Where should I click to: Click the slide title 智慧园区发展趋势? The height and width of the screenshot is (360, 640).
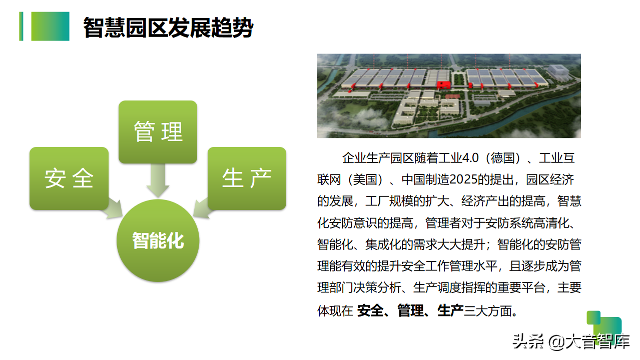(168, 27)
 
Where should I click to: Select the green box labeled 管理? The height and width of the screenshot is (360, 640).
(158, 132)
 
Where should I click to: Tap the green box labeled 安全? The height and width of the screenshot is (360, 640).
(69, 178)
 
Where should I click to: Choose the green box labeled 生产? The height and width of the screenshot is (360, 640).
(247, 178)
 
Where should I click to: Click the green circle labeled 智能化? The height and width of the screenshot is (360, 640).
(158, 240)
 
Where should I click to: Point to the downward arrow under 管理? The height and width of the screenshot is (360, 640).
(158, 180)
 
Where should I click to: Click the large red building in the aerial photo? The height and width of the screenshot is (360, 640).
(443, 84)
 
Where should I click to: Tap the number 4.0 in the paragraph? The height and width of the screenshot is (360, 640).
(470, 158)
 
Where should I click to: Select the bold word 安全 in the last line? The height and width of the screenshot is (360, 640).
(370, 310)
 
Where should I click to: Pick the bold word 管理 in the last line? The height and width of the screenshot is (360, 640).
(410, 310)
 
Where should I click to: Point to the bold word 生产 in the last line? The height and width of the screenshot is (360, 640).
(450, 310)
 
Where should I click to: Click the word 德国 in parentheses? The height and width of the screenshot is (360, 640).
(502, 158)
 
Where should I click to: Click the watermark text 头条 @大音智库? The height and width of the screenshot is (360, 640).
(571, 341)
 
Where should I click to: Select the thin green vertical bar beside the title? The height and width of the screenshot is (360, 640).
(21, 26)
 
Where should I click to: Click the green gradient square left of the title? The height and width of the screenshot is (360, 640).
(50, 26)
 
